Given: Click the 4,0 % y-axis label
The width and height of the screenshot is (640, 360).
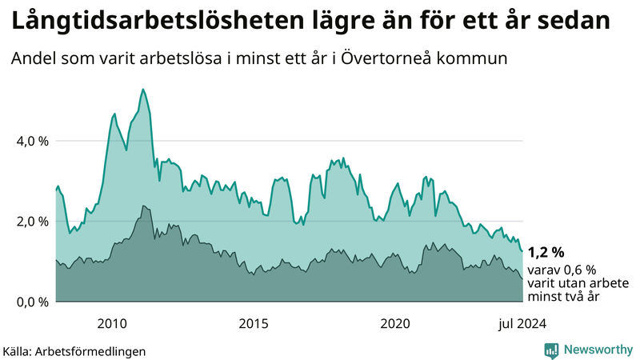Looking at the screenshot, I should point(33,142).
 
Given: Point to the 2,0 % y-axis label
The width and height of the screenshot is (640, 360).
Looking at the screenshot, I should point(33,222).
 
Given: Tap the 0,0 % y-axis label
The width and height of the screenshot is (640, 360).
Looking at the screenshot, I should point(33,302).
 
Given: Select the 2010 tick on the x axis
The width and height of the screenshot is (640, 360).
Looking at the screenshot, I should point(112,323).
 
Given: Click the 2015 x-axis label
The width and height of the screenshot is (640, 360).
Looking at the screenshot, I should point(254,323).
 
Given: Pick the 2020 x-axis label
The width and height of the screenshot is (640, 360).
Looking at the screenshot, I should point(395,323).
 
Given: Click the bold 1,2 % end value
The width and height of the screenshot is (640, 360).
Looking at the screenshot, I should point(546,254).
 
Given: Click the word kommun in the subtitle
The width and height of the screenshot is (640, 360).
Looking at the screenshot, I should point(478,59).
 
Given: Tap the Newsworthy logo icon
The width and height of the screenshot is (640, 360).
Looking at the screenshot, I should point(551,350).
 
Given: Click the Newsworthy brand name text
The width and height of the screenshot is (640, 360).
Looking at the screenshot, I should point(597,350).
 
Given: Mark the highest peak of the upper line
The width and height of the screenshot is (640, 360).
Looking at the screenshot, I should point(142,89).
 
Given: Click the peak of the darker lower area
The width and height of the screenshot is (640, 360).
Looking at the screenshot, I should point(144,206).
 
